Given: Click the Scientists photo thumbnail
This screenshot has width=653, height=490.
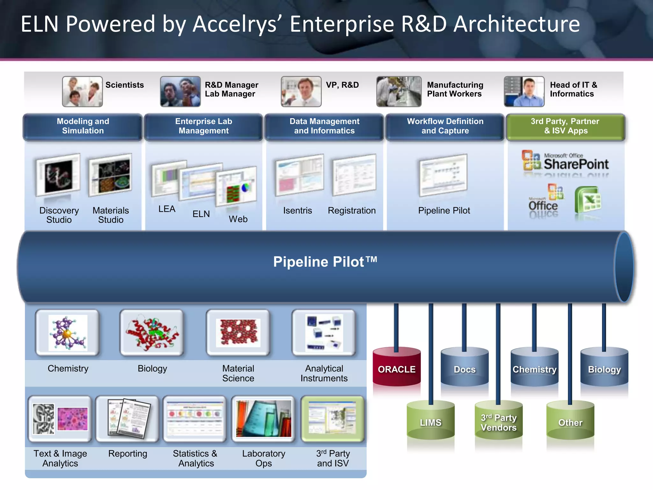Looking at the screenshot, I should [x=82, y=92].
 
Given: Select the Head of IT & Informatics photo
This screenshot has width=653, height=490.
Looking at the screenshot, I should [x=524, y=92].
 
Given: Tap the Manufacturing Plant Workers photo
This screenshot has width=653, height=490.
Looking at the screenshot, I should [x=399, y=92].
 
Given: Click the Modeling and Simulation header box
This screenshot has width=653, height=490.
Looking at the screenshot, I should [x=83, y=126].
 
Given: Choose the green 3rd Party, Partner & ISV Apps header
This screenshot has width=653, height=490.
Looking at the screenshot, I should [x=565, y=126].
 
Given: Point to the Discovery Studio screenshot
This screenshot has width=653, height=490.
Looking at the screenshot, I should [x=58, y=175].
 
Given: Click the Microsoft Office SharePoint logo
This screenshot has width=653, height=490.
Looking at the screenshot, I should [x=565, y=161].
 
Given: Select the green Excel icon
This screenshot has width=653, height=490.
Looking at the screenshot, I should [x=588, y=201].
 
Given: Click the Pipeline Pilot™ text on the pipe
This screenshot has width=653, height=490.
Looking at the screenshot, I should [x=325, y=262].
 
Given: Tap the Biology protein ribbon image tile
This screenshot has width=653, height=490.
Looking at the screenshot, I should [x=152, y=333].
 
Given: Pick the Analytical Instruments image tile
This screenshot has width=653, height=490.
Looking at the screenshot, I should [x=324, y=333].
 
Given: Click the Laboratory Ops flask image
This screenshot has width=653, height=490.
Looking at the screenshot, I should [x=263, y=419].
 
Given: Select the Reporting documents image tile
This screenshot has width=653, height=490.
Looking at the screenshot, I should [x=128, y=419].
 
